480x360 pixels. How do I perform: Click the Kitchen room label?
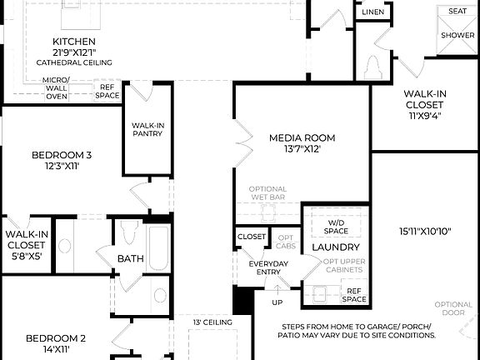click(74, 42)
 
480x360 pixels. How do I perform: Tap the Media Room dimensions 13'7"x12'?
click(302, 150)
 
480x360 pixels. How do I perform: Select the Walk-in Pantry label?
click(147, 131)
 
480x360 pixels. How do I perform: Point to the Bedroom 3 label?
click(62, 155)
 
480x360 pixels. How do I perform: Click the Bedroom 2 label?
click(56, 338)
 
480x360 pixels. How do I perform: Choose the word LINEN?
click(373, 12)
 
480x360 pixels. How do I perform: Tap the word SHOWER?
click(457, 36)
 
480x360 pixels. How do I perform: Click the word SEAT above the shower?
click(457, 11)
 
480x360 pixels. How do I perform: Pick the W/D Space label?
click(335, 225)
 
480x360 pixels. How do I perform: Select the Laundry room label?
click(336, 247)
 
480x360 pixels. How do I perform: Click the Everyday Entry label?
click(268, 268)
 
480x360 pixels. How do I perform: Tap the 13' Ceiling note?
click(212, 322)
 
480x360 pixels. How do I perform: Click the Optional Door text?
click(453, 308)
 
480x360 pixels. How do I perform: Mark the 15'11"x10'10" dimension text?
click(426, 231)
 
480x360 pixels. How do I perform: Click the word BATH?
click(130, 259)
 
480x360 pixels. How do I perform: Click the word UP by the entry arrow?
click(277, 303)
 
